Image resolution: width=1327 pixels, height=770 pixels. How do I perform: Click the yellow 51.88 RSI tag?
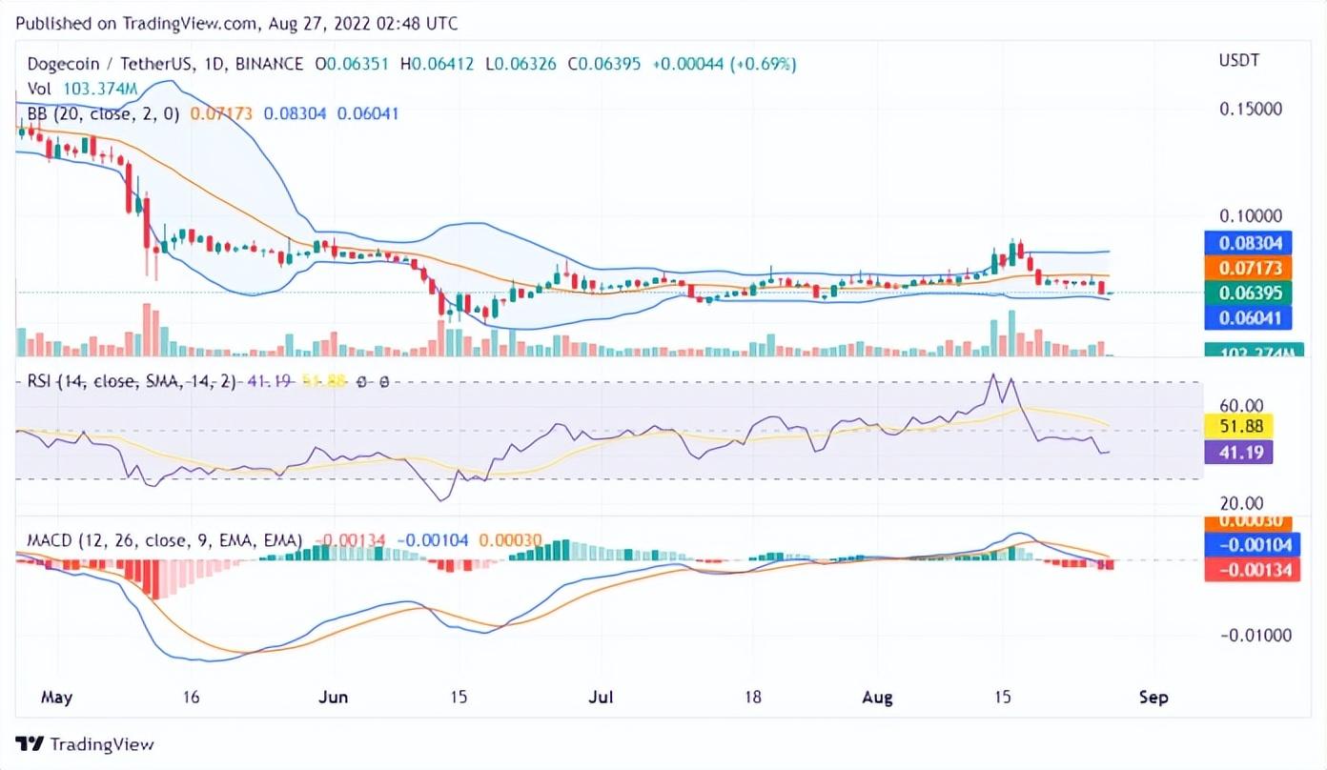coord(1238,426)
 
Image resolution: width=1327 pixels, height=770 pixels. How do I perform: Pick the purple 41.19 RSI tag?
coord(1238,452)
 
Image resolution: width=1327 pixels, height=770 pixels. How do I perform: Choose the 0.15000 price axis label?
coord(1251,110)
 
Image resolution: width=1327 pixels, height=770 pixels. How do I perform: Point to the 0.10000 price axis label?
coord(1251,216)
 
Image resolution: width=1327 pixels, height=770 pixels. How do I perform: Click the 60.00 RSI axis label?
coord(1241,405)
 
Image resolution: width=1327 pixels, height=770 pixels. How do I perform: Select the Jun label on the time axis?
coord(334,698)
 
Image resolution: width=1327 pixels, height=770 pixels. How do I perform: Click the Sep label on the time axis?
coord(1153,698)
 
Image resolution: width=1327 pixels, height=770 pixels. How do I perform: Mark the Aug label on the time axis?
coord(877,698)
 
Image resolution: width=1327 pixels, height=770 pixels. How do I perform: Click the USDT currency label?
coord(1238,61)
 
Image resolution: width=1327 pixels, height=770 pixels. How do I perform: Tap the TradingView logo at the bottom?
coord(85,744)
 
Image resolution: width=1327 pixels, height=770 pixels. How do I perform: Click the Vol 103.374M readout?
coord(82,89)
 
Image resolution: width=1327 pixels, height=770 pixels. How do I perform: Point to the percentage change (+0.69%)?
coord(764,64)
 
